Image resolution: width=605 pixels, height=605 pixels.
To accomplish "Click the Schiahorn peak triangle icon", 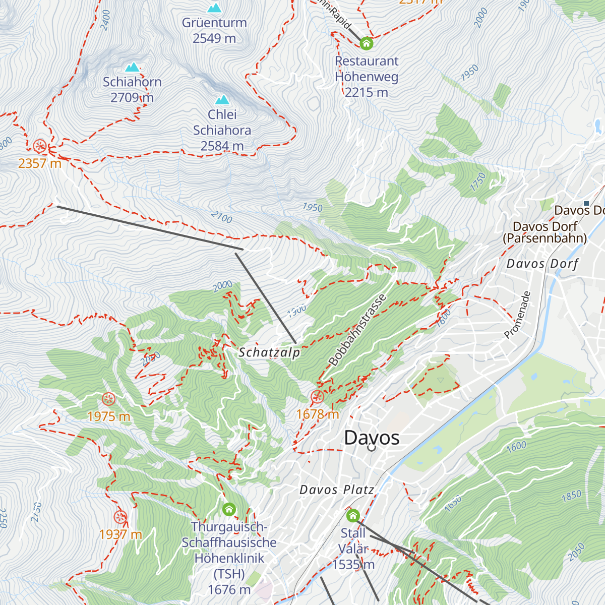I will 132,67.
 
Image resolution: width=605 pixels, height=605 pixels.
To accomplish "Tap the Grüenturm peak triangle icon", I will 215,8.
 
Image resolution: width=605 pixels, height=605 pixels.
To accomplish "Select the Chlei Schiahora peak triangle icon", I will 222,100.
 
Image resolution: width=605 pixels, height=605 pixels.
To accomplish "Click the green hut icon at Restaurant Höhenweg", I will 367,43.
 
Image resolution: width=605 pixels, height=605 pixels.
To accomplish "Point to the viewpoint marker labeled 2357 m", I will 40,147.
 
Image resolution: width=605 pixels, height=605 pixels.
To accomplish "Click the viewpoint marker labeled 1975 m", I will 108,399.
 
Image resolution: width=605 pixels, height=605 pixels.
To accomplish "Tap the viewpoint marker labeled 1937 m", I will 120,517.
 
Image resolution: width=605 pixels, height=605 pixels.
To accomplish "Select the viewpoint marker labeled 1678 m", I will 317,397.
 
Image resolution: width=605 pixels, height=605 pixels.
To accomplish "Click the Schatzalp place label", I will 269,352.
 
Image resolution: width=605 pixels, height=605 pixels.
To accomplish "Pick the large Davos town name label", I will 372,438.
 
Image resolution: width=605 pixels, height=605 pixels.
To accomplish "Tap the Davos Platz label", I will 337,490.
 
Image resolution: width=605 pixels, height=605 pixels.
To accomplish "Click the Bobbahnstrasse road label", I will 357,330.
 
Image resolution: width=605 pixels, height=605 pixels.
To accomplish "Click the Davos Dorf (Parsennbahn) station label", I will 545,232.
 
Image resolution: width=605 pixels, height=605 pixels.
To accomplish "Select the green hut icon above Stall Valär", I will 353,515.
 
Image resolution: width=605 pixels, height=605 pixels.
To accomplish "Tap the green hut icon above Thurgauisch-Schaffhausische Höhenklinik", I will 229,509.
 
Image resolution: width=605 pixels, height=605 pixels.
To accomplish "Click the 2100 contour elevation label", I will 222,217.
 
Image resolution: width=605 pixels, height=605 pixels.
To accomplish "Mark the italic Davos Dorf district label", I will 542,264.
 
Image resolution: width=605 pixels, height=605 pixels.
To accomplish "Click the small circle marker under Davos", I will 372,447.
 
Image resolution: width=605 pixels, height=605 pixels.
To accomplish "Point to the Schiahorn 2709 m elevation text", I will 132,97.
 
